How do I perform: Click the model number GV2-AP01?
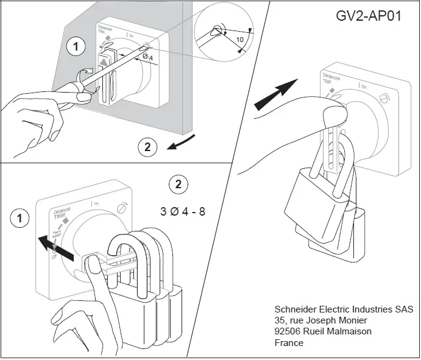point(368,16)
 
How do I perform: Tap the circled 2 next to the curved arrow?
point(146,146)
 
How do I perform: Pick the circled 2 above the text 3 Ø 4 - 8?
point(177,183)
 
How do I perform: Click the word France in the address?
point(289,343)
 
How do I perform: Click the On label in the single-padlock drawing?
point(364,87)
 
